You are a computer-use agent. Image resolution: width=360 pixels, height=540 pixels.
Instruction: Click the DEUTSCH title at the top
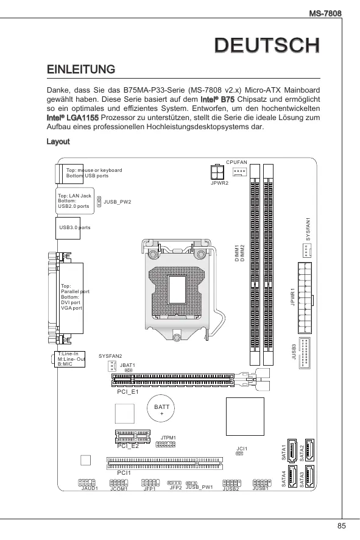(267, 46)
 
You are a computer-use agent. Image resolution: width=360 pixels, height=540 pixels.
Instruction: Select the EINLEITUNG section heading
(81, 69)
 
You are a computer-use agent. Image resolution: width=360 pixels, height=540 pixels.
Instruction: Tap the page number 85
(341, 526)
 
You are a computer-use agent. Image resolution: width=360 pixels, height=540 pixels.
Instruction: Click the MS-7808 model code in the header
(325, 13)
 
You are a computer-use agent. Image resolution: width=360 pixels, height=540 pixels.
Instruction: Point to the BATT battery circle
(161, 408)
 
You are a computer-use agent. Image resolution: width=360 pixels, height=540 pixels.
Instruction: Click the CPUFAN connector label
(236, 162)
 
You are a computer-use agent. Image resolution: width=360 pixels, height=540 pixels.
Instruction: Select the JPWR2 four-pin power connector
(217, 171)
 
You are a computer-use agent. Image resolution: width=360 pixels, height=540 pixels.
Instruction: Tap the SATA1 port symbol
(292, 450)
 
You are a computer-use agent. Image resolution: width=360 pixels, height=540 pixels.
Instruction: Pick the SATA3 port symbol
(310, 476)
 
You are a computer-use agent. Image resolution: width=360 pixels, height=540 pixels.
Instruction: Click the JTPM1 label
(168, 438)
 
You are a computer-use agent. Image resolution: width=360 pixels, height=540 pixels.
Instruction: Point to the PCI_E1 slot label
(128, 391)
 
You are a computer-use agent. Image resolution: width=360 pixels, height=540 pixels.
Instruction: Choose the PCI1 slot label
(124, 473)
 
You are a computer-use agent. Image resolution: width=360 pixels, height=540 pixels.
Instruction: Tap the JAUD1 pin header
(86, 483)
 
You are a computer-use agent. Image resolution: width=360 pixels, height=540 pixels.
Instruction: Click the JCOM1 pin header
(119, 483)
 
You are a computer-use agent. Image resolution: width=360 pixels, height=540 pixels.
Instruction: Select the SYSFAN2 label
(110, 356)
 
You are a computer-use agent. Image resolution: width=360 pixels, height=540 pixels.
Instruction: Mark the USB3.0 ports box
(68, 228)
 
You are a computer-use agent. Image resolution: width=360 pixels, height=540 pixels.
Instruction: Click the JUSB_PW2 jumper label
(118, 202)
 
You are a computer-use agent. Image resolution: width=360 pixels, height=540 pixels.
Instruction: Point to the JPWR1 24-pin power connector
(305, 298)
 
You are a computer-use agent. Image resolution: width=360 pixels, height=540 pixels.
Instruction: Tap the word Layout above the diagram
(58, 141)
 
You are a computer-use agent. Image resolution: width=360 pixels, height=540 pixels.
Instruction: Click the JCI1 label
(242, 449)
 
